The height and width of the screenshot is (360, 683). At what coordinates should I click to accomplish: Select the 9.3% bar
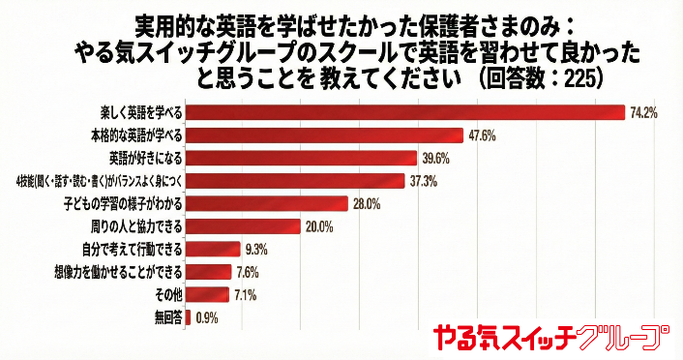[x=212, y=249]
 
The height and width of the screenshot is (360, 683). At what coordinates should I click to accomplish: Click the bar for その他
[x=206, y=294]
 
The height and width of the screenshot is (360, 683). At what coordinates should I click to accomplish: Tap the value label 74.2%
[x=643, y=112]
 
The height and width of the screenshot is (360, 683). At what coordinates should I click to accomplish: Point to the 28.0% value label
[x=367, y=203]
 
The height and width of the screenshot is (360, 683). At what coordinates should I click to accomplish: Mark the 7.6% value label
[x=247, y=272]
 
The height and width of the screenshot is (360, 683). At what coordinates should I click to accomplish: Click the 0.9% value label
[x=206, y=317]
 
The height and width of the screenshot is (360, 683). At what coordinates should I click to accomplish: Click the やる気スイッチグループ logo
[x=550, y=336]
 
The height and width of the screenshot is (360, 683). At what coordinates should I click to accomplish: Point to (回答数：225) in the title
[x=542, y=75]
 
